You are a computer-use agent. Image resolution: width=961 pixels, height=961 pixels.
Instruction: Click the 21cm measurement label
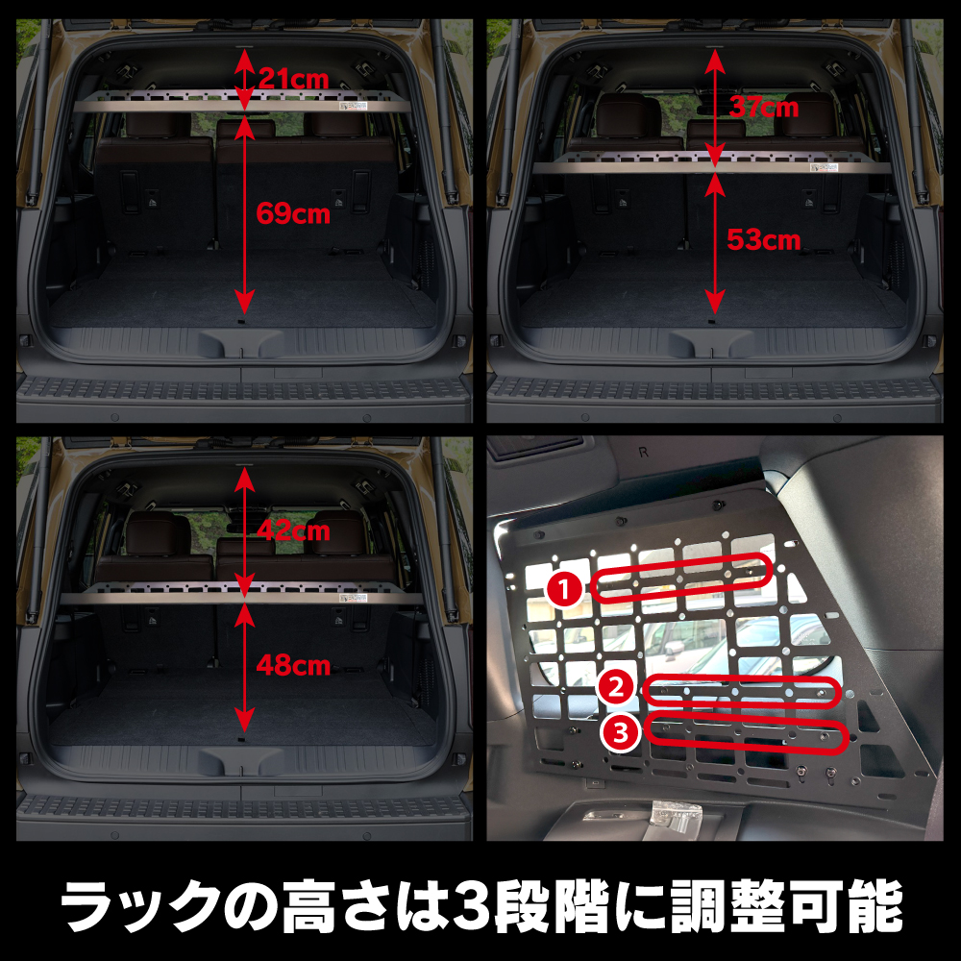pos(293,79)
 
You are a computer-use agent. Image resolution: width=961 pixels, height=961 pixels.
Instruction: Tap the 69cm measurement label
pos(293,213)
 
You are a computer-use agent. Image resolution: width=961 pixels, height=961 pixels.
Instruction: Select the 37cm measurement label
pos(764,108)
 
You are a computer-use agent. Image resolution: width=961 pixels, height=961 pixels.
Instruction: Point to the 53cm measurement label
pos(764,239)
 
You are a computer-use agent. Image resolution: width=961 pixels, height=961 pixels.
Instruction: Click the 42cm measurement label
pos(293,530)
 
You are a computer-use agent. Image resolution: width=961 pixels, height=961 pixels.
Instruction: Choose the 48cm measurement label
pos(293,665)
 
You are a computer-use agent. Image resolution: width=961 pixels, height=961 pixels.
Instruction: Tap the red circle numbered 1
pos(565,590)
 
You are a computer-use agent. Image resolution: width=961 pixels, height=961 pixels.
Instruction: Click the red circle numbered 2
pos(617,687)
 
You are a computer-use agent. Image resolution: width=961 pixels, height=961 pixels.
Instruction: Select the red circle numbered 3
pos(622,732)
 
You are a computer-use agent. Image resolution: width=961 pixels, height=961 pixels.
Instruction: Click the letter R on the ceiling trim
pos(643,453)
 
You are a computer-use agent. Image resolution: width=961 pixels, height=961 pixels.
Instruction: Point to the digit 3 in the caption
pos(472,906)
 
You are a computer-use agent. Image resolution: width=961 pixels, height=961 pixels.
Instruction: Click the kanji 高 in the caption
pos(308,906)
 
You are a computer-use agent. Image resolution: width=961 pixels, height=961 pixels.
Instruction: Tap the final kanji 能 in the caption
pos(875,906)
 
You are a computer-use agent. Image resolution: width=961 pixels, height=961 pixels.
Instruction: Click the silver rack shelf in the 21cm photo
pos(242,101)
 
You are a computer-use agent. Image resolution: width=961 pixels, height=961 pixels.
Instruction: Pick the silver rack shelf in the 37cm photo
pos(711,163)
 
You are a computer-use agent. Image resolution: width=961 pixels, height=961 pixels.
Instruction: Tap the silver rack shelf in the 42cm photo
pos(241,593)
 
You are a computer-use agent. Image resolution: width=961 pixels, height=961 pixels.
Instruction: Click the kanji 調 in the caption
pos(700,906)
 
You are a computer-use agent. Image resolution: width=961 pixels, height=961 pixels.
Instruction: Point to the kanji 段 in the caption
pos(521,906)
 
